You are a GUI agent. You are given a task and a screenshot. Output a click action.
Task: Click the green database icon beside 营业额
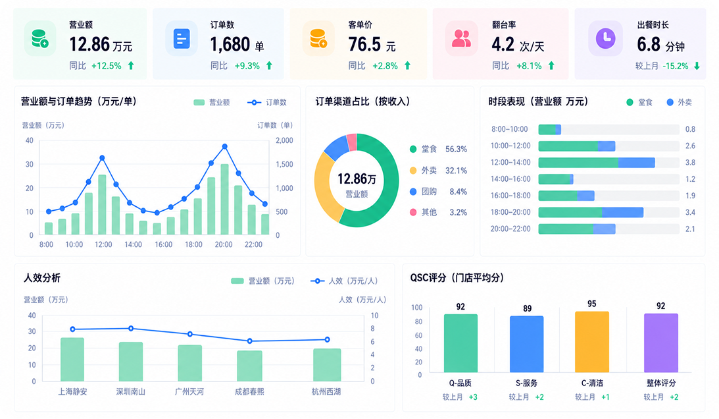tap(39, 39)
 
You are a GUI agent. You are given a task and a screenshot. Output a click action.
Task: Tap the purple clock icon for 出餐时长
tap(605, 38)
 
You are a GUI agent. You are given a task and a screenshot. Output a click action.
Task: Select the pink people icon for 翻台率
tap(461, 39)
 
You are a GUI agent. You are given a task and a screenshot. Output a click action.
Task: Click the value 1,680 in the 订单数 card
tap(230, 45)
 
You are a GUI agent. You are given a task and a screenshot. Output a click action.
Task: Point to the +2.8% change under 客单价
tap(385, 66)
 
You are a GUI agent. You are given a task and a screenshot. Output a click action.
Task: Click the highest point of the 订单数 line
tap(225, 146)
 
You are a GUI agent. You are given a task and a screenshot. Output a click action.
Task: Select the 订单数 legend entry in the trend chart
tap(267, 103)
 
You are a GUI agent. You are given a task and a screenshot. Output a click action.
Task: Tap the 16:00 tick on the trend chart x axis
tap(163, 244)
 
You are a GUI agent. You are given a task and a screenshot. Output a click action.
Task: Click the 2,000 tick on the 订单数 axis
tap(284, 140)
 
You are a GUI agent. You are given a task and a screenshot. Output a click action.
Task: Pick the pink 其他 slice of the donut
tap(352, 142)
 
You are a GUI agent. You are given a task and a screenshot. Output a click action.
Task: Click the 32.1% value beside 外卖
tap(456, 171)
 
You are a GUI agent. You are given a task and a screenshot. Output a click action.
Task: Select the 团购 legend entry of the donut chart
tap(423, 192)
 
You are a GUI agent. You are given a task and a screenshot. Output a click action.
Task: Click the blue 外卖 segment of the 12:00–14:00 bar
tap(637, 163)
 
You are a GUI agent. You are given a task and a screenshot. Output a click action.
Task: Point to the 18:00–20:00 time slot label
tap(510, 212)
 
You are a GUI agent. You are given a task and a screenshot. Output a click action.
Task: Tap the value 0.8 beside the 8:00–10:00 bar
tap(690, 130)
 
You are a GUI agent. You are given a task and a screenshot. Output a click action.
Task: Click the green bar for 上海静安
tap(72, 359)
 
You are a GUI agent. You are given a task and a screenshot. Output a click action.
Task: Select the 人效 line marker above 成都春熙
tap(250, 341)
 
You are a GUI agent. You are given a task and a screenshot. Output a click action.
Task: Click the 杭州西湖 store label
tap(326, 392)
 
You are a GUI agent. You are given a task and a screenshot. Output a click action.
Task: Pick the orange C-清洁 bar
tap(592, 342)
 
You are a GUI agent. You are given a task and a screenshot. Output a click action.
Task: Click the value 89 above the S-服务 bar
tap(528, 308)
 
